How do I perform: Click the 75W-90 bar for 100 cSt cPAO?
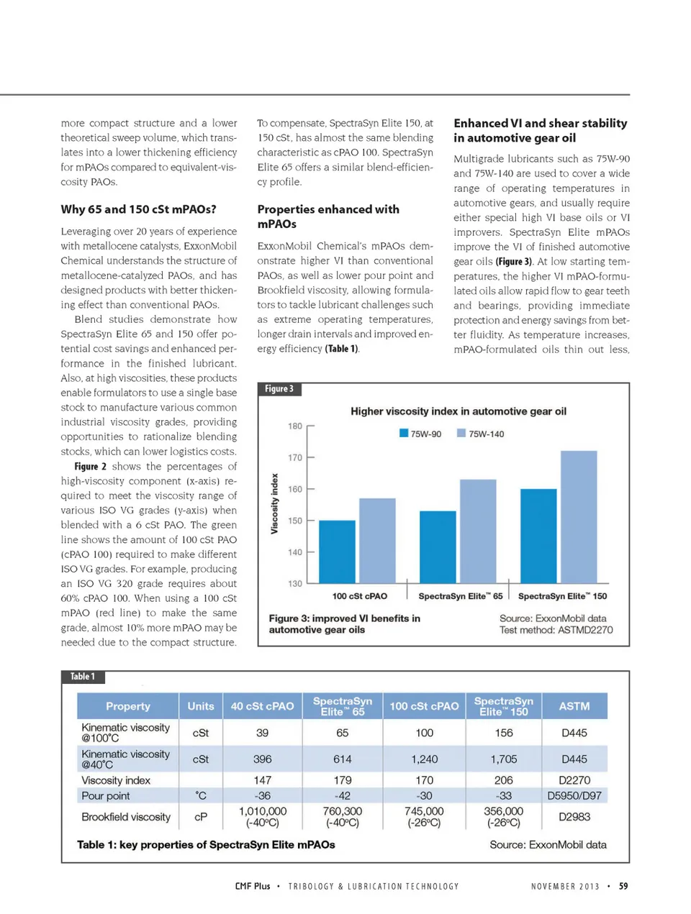click(x=337, y=552)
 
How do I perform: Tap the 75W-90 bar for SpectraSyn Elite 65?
click(x=438, y=547)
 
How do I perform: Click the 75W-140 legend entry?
click(x=480, y=434)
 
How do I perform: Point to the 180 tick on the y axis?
click(x=296, y=426)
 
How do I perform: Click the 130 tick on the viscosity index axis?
click(x=296, y=583)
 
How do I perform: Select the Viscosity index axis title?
click(x=274, y=503)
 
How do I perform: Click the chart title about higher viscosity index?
click(x=459, y=411)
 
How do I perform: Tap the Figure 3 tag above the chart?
click(x=279, y=389)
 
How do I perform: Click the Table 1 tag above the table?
click(x=83, y=677)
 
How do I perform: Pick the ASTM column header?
click(x=574, y=706)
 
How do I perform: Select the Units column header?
click(x=201, y=706)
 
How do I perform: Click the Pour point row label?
click(x=106, y=795)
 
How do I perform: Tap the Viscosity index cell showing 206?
click(x=504, y=780)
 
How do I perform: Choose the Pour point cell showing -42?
click(x=343, y=795)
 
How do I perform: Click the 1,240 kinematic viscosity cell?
click(x=424, y=759)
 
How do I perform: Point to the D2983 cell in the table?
click(x=575, y=816)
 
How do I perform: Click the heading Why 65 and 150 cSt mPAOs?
click(x=138, y=209)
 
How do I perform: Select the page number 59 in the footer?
click(x=623, y=886)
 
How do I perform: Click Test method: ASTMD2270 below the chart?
click(x=556, y=630)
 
